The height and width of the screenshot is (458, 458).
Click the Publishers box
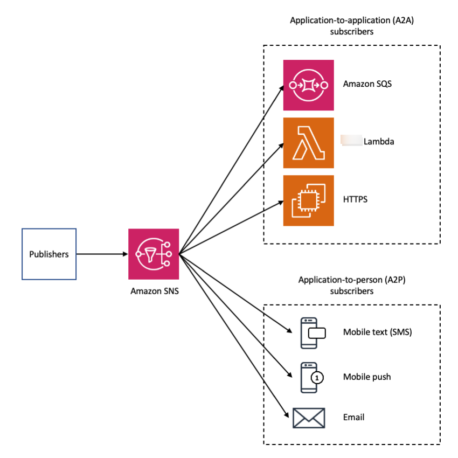(x=49, y=254)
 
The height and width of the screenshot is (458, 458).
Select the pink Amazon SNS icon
(x=153, y=254)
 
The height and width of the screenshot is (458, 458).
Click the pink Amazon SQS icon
(x=309, y=85)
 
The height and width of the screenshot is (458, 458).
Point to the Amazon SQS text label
(x=367, y=84)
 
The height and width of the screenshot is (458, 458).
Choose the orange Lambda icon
(x=309, y=143)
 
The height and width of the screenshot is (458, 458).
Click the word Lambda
(x=379, y=142)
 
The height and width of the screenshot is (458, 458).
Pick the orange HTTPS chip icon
(x=309, y=200)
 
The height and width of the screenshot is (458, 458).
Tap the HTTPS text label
(x=356, y=199)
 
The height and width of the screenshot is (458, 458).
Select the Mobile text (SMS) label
(x=377, y=332)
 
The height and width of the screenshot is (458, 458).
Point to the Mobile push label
(x=367, y=377)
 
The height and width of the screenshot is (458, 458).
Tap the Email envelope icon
(x=309, y=418)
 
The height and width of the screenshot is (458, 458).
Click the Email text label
(x=353, y=417)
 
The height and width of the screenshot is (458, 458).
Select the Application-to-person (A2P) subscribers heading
(x=351, y=286)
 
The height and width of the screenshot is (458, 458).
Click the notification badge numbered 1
(x=317, y=378)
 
